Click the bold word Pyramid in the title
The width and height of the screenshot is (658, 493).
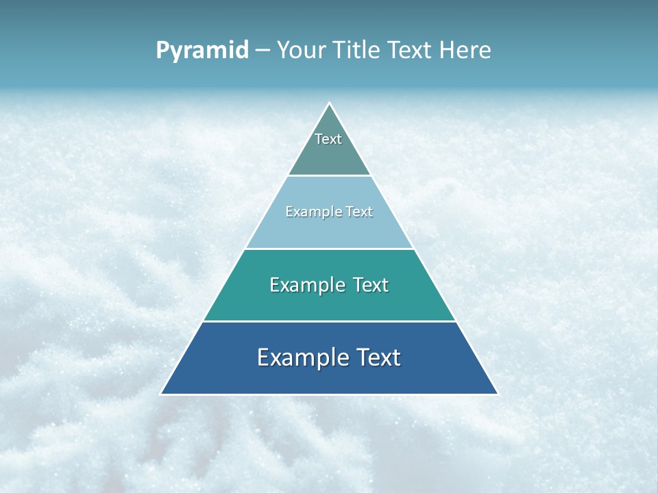point(202,51)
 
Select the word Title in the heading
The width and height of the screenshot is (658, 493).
point(356,50)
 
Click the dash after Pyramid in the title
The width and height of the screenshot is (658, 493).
point(263,51)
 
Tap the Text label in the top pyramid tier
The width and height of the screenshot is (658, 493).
point(328,139)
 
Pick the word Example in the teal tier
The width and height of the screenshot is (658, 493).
point(306,285)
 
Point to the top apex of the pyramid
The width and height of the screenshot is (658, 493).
point(330,103)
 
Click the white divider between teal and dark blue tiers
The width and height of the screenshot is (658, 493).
point(329,321)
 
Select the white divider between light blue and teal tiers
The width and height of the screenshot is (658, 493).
point(329,249)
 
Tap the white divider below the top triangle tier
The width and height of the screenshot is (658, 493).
point(329,176)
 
